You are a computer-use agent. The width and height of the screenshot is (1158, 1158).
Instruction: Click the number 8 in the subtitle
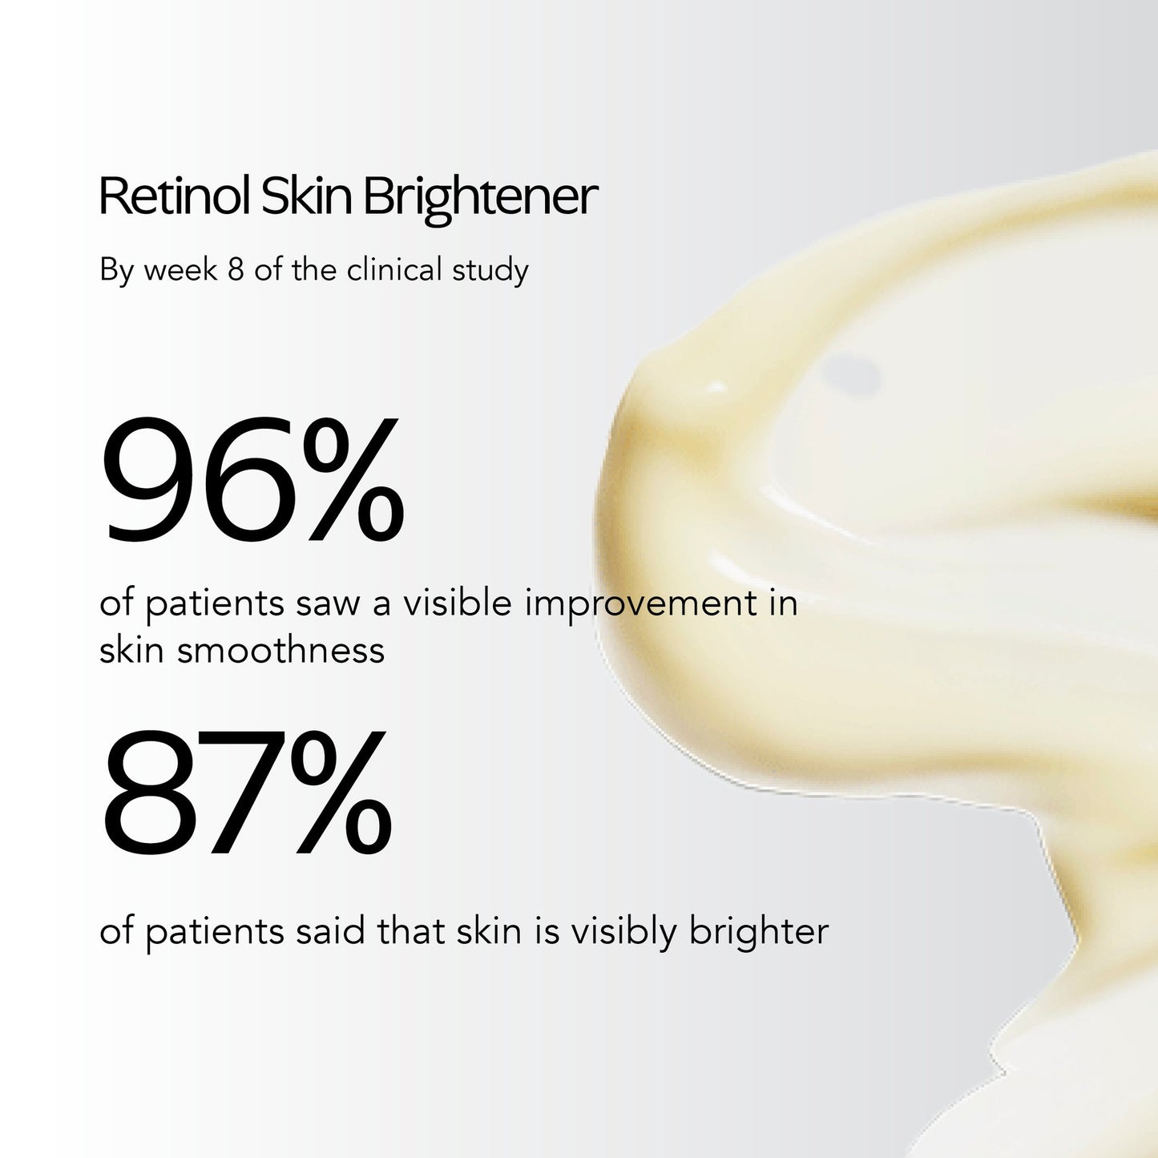pyautogui.click(x=236, y=270)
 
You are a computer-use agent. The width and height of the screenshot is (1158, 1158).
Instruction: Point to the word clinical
pyautogui.click(x=394, y=270)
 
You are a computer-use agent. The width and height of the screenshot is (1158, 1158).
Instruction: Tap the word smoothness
pyautogui.click(x=280, y=650)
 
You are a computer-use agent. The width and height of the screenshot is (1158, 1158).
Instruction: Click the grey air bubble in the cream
pyautogui.click(x=852, y=375)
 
